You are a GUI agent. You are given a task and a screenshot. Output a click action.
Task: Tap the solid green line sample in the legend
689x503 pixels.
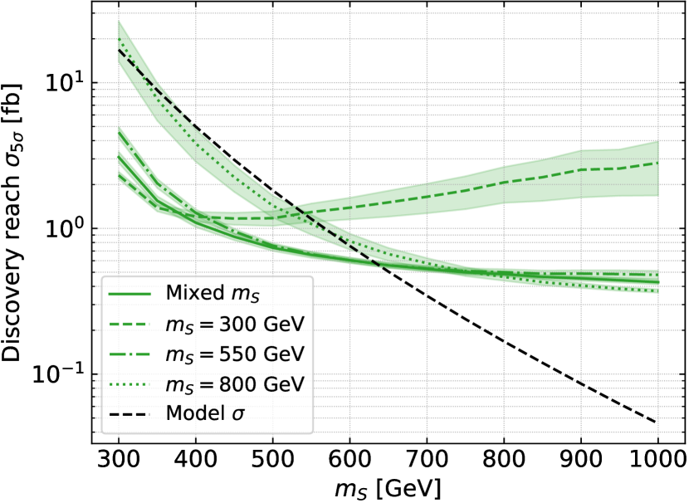[128, 294]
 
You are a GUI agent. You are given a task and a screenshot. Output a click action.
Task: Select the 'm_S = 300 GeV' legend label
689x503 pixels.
[235, 324]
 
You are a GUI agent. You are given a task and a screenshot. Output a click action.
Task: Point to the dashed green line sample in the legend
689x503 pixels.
[128, 324]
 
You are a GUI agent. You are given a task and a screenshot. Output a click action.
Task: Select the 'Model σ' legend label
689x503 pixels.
[205, 413]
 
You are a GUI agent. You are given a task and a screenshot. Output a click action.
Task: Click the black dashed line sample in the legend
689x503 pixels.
[128, 413]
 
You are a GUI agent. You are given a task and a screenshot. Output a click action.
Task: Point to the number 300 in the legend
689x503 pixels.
[232, 324]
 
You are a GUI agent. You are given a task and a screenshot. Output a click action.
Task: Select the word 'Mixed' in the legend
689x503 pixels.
[191, 293]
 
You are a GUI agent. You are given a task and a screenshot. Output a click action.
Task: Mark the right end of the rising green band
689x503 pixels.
[657, 168]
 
